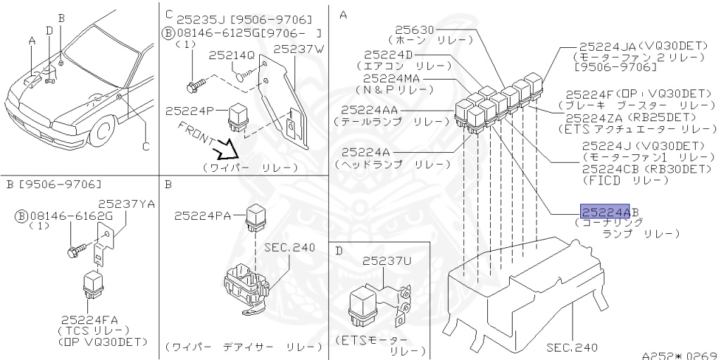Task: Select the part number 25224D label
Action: (x=390, y=54)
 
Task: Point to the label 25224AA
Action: (x=369, y=110)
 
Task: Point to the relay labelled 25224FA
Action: (x=93, y=283)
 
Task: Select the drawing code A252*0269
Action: (x=679, y=355)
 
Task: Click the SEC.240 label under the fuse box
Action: (x=571, y=347)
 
